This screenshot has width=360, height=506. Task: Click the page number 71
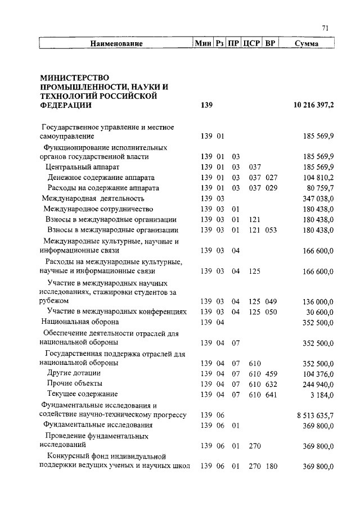pyautogui.click(x=325, y=29)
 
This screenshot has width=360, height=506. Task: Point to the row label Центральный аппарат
pyautogui.click(x=83, y=167)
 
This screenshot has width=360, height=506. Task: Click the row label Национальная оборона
pyautogui.click(x=80, y=322)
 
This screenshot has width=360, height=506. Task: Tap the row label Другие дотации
pyautogui.click(x=74, y=373)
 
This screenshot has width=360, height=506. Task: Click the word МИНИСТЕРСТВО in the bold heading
pyautogui.click(x=75, y=77)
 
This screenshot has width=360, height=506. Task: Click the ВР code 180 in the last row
pyautogui.click(x=272, y=467)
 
